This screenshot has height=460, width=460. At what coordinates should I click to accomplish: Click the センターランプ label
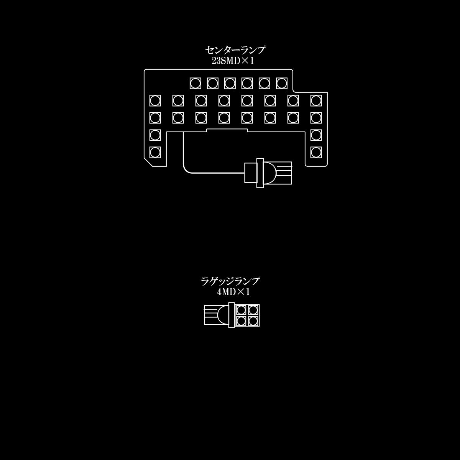(235, 50)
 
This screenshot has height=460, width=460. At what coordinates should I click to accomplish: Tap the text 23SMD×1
(232, 61)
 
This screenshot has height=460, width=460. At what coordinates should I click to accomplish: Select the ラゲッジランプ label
(230, 282)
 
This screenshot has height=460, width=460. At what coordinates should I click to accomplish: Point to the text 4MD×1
(233, 292)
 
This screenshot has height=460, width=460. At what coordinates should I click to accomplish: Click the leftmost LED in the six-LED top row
(195, 83)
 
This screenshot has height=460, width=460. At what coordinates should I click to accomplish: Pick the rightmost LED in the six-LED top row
(282, 83)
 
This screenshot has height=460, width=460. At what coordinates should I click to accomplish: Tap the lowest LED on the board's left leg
(155, 152)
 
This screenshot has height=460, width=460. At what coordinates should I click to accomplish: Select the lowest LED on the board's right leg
(316, 152)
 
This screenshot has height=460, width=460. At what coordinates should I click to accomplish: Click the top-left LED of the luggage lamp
(242, 310)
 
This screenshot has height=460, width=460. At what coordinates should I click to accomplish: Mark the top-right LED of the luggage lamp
(253, 310)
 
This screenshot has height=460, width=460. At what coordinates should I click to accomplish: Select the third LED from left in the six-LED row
(230, 83)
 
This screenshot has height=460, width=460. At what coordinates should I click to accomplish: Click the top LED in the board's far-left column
(155, 101)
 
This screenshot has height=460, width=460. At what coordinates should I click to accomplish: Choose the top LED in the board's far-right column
(316, 101)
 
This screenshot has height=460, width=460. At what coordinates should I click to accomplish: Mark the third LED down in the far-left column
(155, 135)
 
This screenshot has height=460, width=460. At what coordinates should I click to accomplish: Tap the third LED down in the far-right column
(316, 135)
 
